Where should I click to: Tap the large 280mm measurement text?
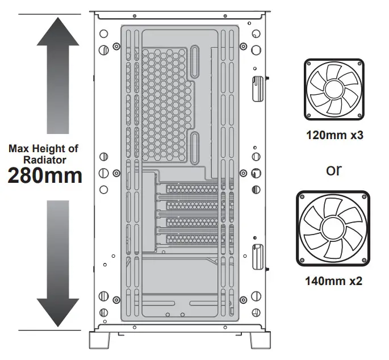[x=45, y=175]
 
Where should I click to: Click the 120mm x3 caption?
[x=334, y=136]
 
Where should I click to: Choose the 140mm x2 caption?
[x=334, y=281]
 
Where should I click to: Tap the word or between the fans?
[x=334, y=170]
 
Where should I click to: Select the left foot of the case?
[x=100, y=340]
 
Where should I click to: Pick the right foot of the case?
[x=260, y=340]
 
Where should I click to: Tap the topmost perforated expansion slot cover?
[x=192, y=188]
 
